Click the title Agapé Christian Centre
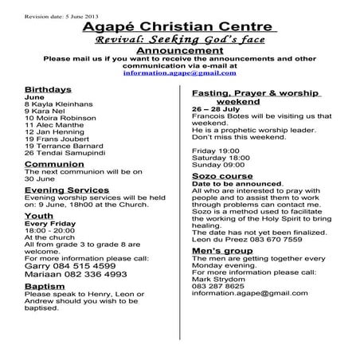[x=180, y=29]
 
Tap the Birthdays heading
[x=48, y=88]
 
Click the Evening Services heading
[x=67, y=190]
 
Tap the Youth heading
[x=39, y=216]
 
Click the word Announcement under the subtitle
[x=180, y=50]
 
